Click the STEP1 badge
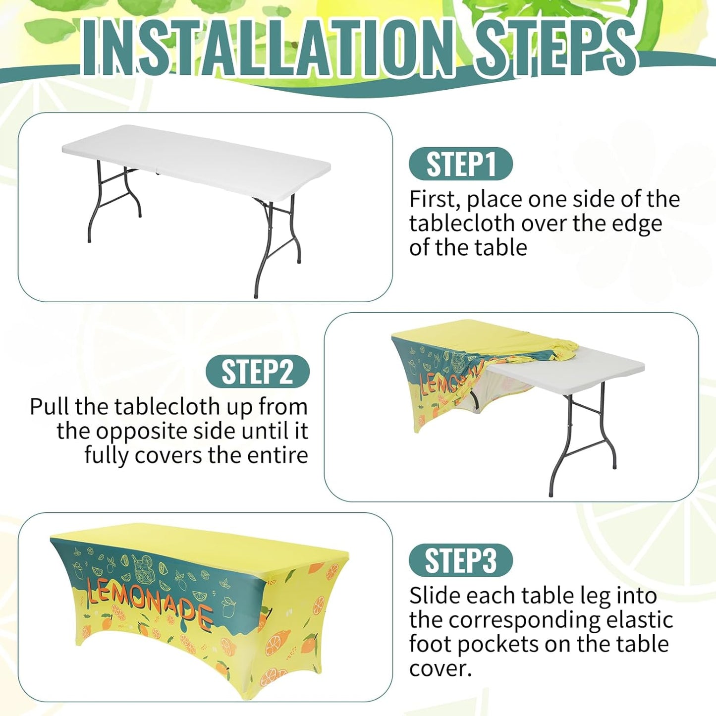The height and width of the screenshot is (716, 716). pyautogui.click(x=461, y=164)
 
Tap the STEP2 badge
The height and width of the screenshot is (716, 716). pyautogui.click(x=258, y=372)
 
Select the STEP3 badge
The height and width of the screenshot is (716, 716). pyautogui.click(x=461, y=560)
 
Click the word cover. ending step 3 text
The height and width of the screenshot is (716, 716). pyautogui.click(x=441, y=669)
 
